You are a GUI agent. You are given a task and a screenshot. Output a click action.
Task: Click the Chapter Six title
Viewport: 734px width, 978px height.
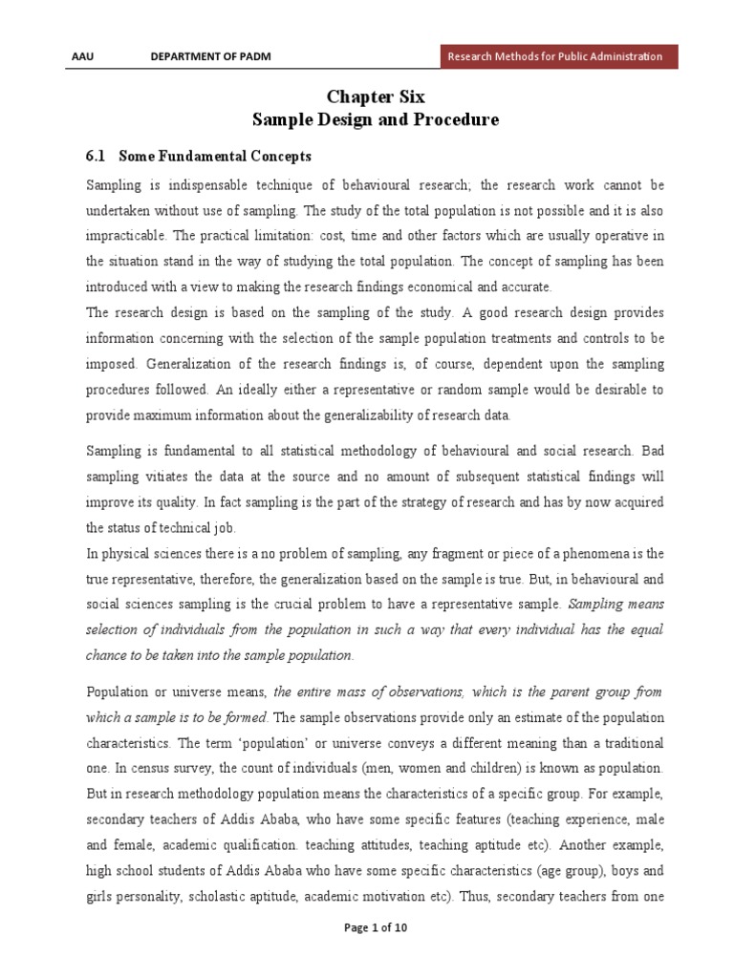[375, 96]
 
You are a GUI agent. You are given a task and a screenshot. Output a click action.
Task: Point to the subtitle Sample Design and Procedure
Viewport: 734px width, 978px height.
[375, 120]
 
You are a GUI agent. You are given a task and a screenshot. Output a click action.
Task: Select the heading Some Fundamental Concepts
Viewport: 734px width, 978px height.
[215, 155]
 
